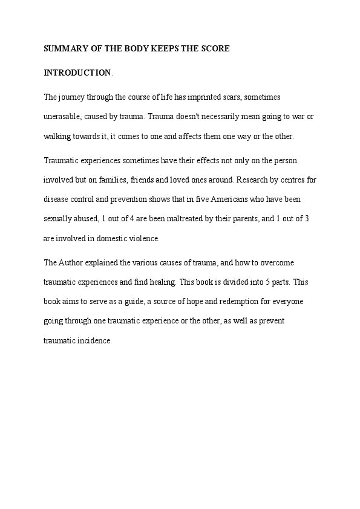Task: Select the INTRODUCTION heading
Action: click(77, 73)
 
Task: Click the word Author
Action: click(71, 263)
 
